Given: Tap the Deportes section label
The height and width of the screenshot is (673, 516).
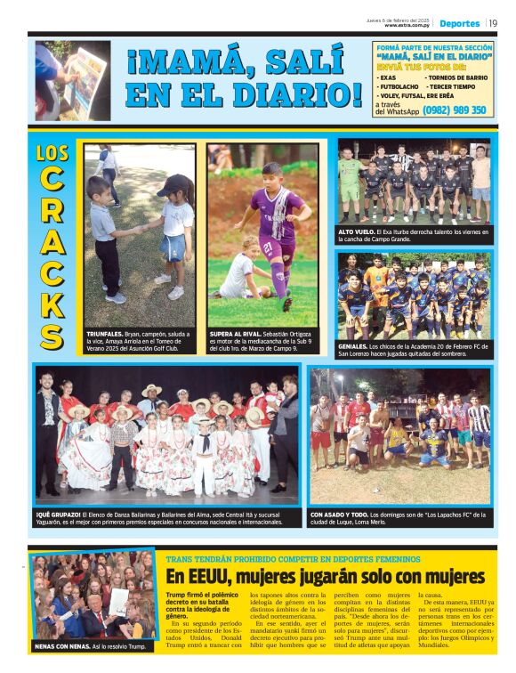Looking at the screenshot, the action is click(459, 23).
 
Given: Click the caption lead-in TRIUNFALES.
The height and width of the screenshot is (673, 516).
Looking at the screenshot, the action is click(106, 334).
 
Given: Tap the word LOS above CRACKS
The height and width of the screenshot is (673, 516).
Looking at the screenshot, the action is click(52, 153).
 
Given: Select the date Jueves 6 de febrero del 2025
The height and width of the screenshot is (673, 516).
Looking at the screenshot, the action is click(399, 20).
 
